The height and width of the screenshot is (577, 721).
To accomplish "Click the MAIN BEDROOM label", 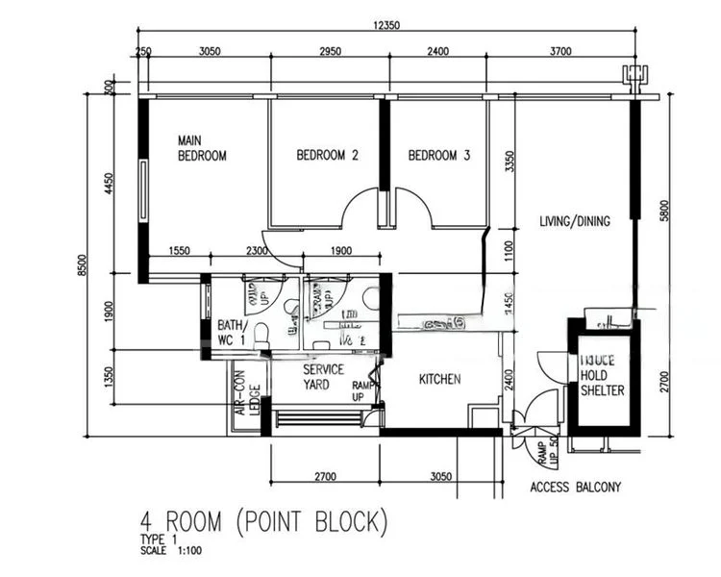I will tap(202, 148).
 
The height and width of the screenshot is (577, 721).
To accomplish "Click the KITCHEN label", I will tap(439, 380).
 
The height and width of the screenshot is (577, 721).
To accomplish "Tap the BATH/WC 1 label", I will tap(231, 333).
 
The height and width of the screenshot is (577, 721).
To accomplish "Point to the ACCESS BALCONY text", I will tap(576, 488).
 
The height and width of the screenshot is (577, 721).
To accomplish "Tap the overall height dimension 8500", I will tap(82, 270).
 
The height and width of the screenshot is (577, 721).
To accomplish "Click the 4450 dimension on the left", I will tap(109, 183).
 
